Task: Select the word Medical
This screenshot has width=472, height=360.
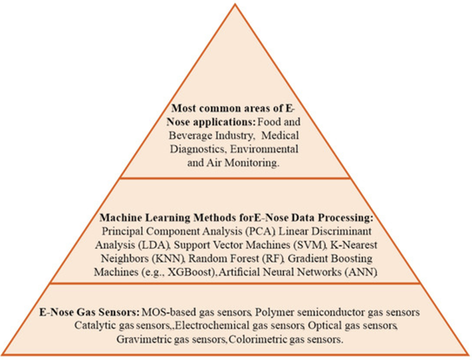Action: (280, 136)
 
